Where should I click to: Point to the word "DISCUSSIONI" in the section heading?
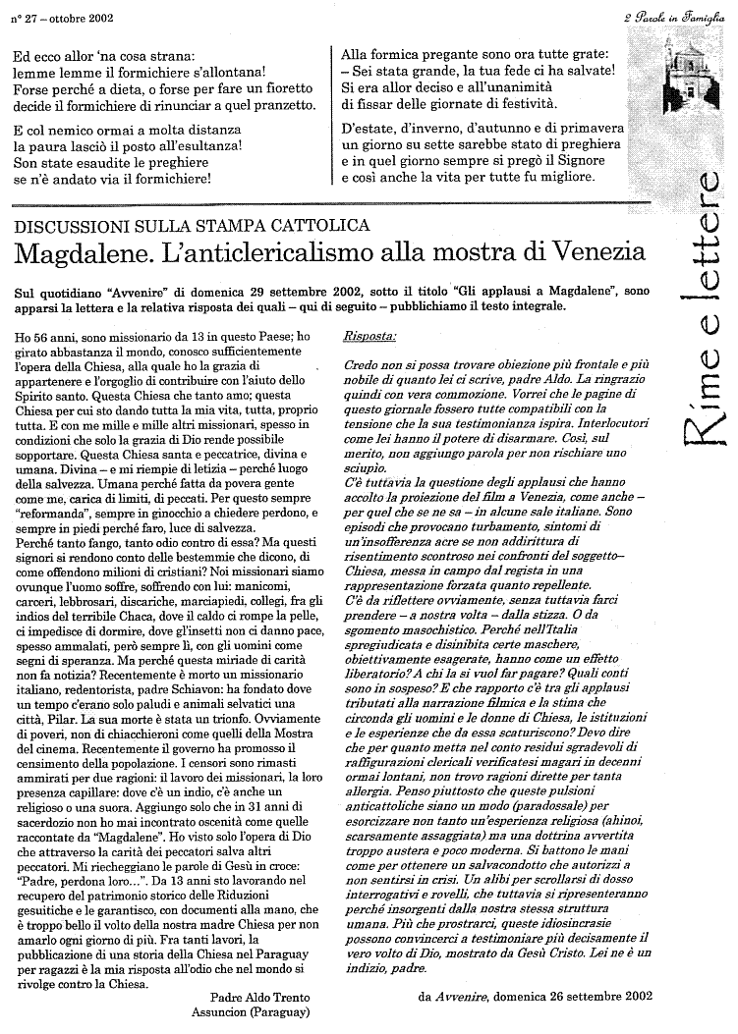tap(70, 227)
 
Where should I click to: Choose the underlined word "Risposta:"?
tap(369, 337)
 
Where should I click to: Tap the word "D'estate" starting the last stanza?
tap(367, 129)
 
